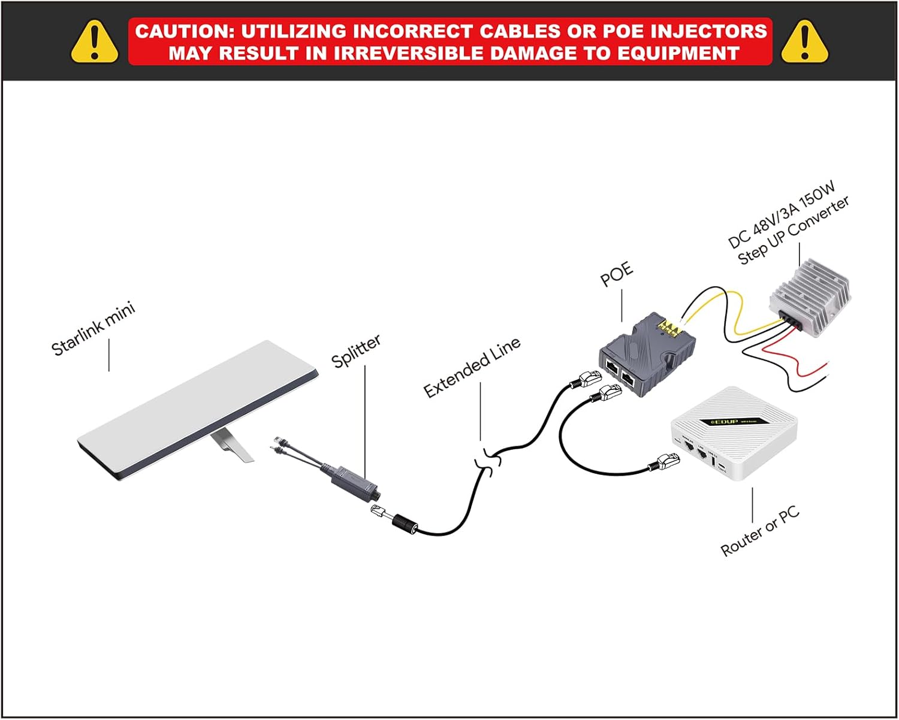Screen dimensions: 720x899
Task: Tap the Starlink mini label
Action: click(x=93, y=329)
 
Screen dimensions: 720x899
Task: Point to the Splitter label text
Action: click(x=356, y=351)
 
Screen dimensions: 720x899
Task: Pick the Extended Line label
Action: click(x=472, y=367)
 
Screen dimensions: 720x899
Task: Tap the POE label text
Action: click(x=617, y=274)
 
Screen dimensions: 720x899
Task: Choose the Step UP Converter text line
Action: click(x=794, y=231)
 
